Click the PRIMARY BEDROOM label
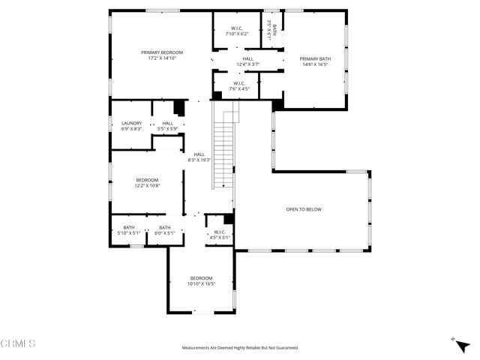pos(162,52)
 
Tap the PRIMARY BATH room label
pos(314,58)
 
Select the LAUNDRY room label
pos(131,123)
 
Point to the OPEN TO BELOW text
pos(304,209)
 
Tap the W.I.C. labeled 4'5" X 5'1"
pos(220,235)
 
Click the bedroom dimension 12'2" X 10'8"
pos(147,186)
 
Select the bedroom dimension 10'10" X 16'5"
pos(201,283)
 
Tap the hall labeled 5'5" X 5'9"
pos(167,126)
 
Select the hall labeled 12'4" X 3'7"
pos(247,61)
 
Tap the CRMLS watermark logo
pos(18,344)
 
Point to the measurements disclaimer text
pos(239,348)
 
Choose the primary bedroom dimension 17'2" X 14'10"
pos(162,58)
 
